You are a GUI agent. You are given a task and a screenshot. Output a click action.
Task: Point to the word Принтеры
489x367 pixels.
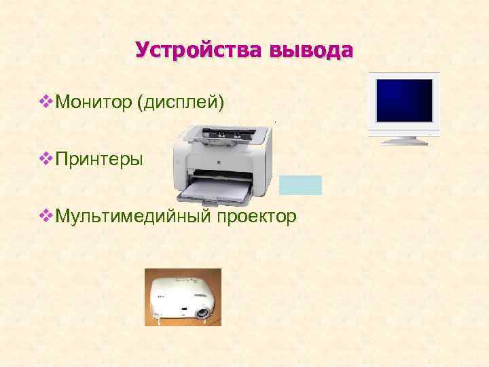[x=99, y=160]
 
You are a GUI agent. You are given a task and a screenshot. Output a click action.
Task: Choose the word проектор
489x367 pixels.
[x=257, y=217]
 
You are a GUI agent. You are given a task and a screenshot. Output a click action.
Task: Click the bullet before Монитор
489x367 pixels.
[x=46, y=102]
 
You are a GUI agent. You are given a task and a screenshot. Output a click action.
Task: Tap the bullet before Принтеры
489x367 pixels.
[x=46, y=159]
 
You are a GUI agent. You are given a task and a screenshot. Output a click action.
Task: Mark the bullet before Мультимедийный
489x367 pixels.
[x=46, y=216]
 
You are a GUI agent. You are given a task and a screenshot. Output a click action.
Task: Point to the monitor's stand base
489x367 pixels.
[x=405, y=140]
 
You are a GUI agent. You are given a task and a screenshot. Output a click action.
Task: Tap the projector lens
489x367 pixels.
[x=202, y=312]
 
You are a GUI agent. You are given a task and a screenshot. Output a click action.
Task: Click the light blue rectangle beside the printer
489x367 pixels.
[x=300, y=185]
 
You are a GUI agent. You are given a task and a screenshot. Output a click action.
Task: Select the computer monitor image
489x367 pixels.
[x=404, y=107]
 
